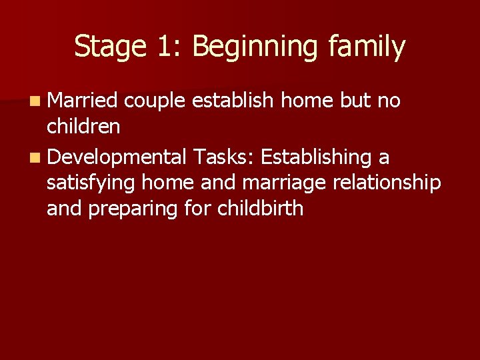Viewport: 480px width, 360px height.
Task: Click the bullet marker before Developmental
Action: coord(33,158)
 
